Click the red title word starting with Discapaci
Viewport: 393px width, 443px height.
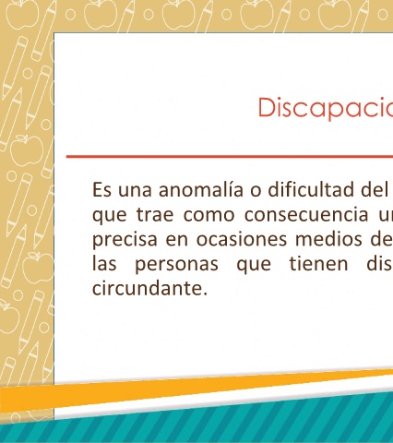tap(326, 108)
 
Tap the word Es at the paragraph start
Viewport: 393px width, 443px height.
tap(101, 190)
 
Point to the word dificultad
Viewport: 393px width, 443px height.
tap(310, 189)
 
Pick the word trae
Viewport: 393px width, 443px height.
tap(155, 215)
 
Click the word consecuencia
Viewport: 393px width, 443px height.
tap(306, 215)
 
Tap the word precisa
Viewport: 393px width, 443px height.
tap(125, 240)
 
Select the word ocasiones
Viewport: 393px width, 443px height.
tap(242, 239)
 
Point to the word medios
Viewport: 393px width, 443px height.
tap(328, 239)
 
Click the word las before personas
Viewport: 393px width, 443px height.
tap(104, 264)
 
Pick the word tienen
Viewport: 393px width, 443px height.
tap(319, 264)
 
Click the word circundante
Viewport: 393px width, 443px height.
tap(150, 288)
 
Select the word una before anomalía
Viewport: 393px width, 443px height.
tap(135, 191)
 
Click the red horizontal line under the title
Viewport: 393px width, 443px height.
tap(230, 157)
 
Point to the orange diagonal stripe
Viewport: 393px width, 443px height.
tap(196, 390)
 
